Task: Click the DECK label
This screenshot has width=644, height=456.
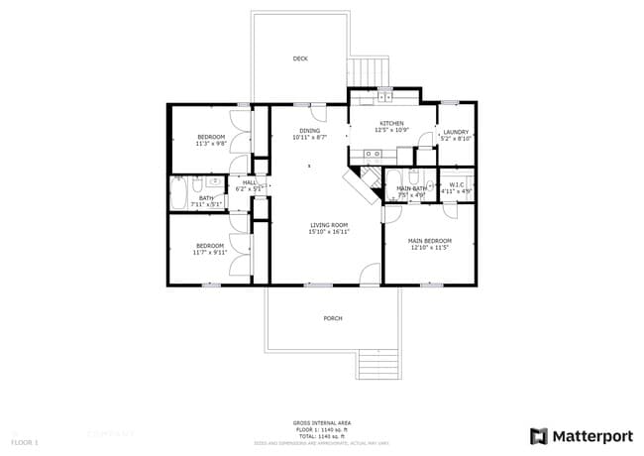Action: point(300,58)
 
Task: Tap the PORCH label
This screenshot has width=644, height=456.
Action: point(333,318)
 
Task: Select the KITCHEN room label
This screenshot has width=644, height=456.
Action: point(391,124)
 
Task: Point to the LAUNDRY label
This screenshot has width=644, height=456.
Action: point(456,132)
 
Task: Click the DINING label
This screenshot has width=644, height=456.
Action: point(310,131)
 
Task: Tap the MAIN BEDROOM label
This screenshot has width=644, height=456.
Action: point(430,241)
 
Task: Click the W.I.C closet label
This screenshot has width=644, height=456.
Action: point(457,184)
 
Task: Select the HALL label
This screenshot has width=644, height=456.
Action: point(249,182)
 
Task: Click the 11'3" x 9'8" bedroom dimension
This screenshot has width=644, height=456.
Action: point(211,144)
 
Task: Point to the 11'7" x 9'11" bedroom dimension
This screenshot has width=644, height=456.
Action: point(210,253)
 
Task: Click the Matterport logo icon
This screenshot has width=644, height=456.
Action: point(538,436)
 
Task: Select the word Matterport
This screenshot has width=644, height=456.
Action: point(591,436)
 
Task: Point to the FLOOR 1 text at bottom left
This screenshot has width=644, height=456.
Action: point(25,441)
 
